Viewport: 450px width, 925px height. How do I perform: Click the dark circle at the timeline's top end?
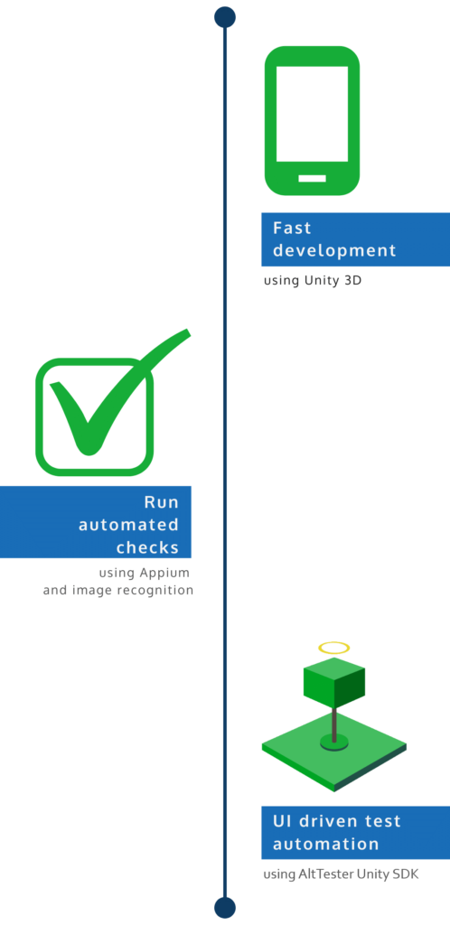click(x=225, y=17)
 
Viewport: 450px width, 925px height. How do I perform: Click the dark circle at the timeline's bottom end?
click(x=225, y=907)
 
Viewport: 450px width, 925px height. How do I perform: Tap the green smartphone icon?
click(x=312, y=120)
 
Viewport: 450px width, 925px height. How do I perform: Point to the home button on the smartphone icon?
click(x=312, y=178)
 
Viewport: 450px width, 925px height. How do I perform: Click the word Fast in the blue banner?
click(x=292, y=228)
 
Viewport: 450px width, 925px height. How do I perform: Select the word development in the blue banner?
click(x=334, y=250)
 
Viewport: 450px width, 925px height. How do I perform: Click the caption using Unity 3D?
click(x=313, y=281)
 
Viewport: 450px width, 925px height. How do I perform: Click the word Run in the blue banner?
click(x=162, y=502)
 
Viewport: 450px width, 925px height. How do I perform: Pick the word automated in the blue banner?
click(x=128, y=525)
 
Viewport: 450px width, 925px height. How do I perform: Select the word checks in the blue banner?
click(x=147, y=547)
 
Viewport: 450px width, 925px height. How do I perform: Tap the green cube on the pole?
click(x=333, y=686)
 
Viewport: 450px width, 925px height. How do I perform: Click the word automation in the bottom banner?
click(x=325, y=844)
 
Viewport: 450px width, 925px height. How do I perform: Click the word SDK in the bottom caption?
click(x=406, y=874)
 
